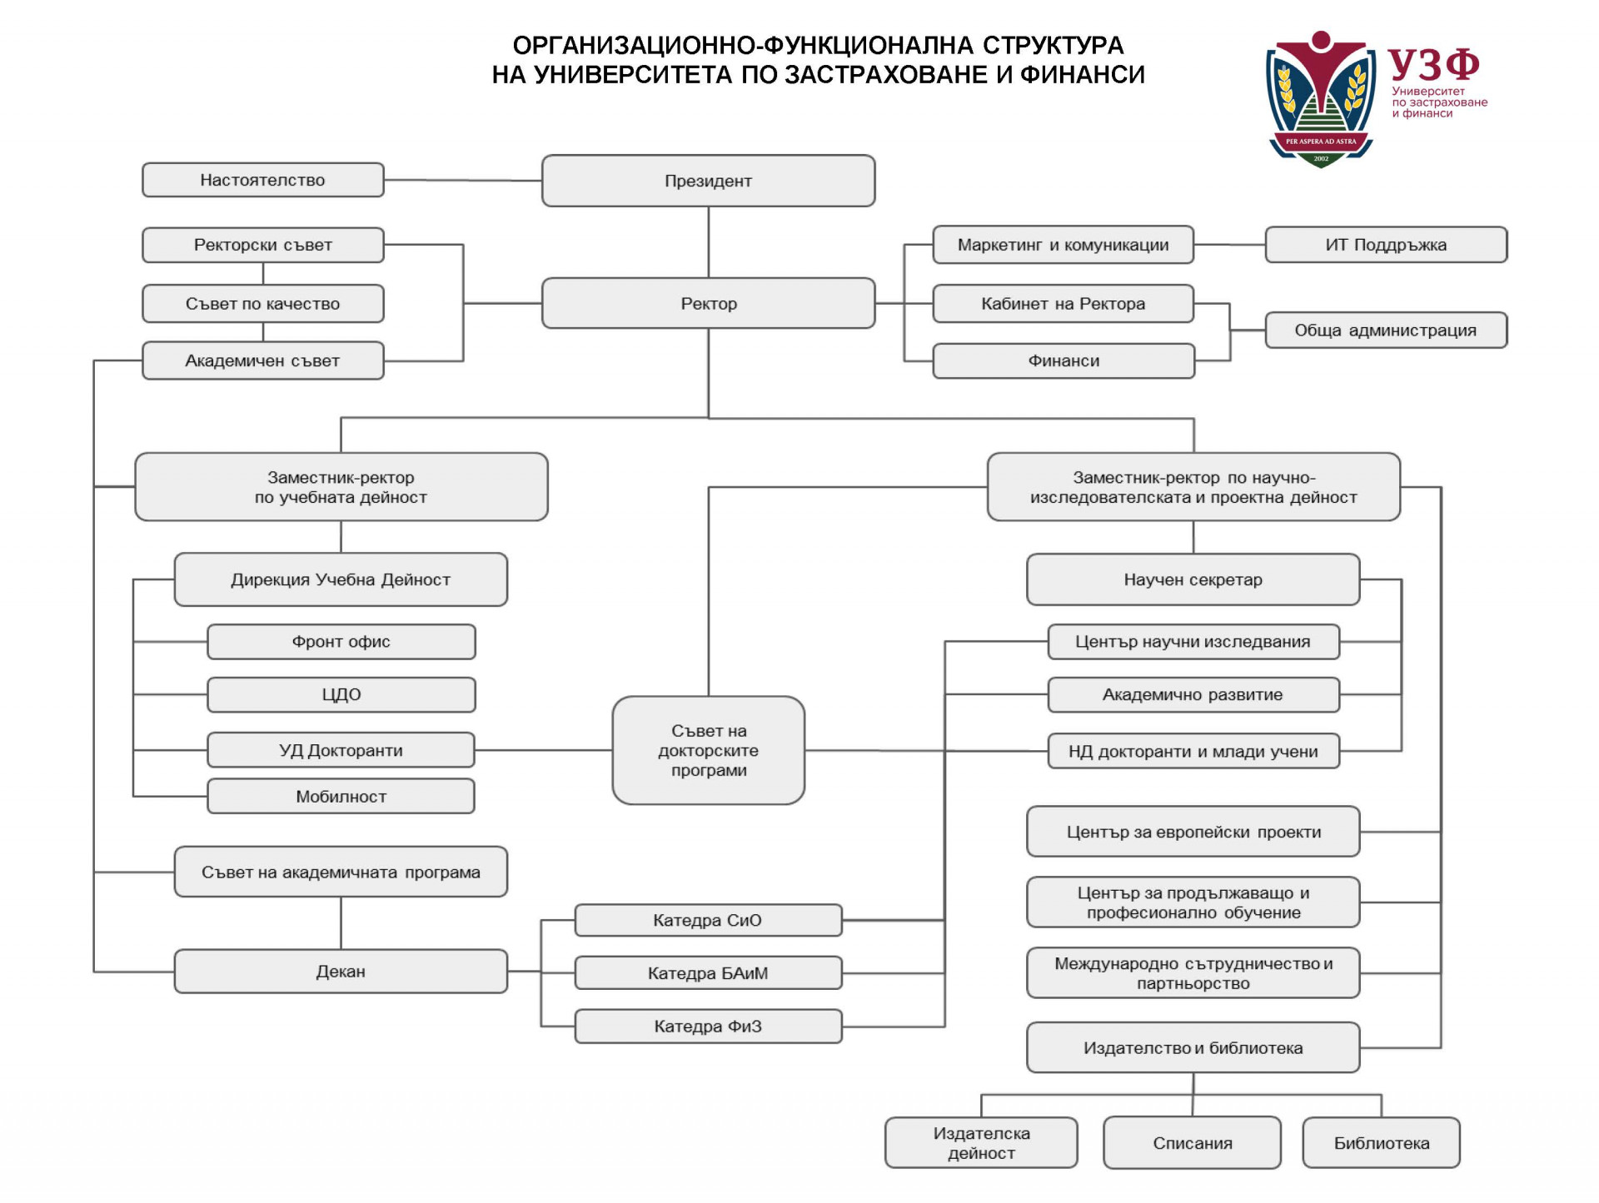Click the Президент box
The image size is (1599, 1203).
[x=708, y=181]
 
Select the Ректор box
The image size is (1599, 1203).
[x=708, y=303]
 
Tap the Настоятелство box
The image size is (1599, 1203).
[x=263, y=180]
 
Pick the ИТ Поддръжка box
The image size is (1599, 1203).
[x=1386, y=245]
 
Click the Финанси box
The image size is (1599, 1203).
[x=1064, y=360]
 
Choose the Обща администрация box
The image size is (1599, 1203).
[x=1386, y=330]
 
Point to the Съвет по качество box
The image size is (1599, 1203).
[x=263, y=304]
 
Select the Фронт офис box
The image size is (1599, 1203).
[x=341, y=642]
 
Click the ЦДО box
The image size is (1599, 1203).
[x=341, y=694]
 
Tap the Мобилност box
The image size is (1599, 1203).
[x=341, y=796]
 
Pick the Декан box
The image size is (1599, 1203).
[x=341, y=971]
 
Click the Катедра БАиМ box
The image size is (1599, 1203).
[x=708, y=972]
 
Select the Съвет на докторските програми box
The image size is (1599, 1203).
[x=708, y=750]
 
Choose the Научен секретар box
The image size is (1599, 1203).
[x=1193, y=579]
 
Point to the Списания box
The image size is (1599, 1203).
[x=1192, y=1142]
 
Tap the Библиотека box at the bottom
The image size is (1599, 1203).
[x=1381, y=1142]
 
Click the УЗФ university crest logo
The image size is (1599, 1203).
[x=1321, y=100]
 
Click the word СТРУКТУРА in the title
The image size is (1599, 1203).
[x=1053, y=45]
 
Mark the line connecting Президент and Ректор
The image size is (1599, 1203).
[x=709, y=242]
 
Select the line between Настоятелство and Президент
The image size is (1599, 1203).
[x=463, y=180]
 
